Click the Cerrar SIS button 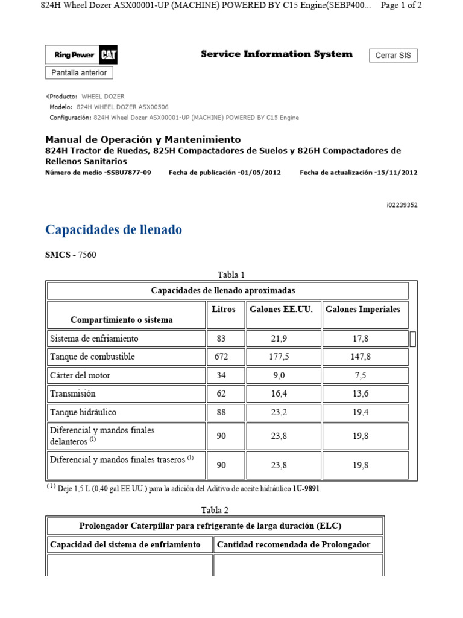393,56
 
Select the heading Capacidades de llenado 113,230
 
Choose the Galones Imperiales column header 363,310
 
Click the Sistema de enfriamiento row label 94,339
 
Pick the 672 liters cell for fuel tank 221,357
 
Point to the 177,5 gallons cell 279,357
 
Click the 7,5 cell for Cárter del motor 360,375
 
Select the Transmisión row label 73,393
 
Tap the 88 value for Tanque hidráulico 221,412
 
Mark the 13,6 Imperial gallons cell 360,393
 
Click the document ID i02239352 402,205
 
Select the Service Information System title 277,54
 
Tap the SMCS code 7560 87,255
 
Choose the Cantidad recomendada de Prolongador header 294,544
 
